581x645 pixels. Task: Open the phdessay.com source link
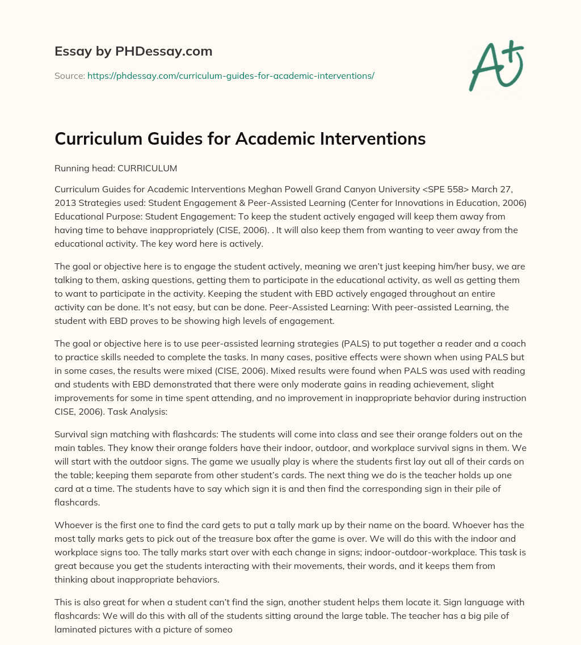tap(230, 75)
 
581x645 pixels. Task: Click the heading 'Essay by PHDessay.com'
tap(133, 52)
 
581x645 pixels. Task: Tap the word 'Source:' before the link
tap(69, 75)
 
